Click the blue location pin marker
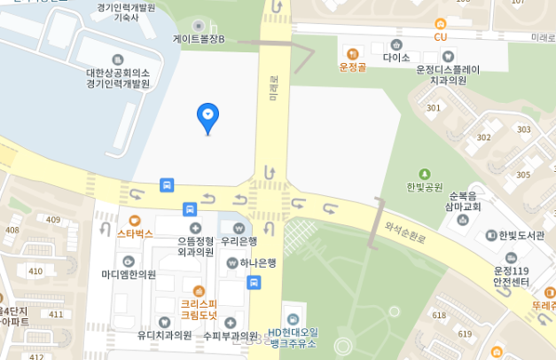[208, 116]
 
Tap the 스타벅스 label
[135, 234]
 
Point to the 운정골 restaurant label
[353, 67]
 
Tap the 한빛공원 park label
[424, 187]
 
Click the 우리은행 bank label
[239, 240]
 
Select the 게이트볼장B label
[199, 40]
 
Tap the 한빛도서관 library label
[521, 235]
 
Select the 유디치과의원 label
[164, 335]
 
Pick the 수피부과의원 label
[231, 335]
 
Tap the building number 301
[433, 108]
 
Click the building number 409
[53, 219]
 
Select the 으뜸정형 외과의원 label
[195, 246]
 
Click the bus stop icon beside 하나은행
[255, 283]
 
